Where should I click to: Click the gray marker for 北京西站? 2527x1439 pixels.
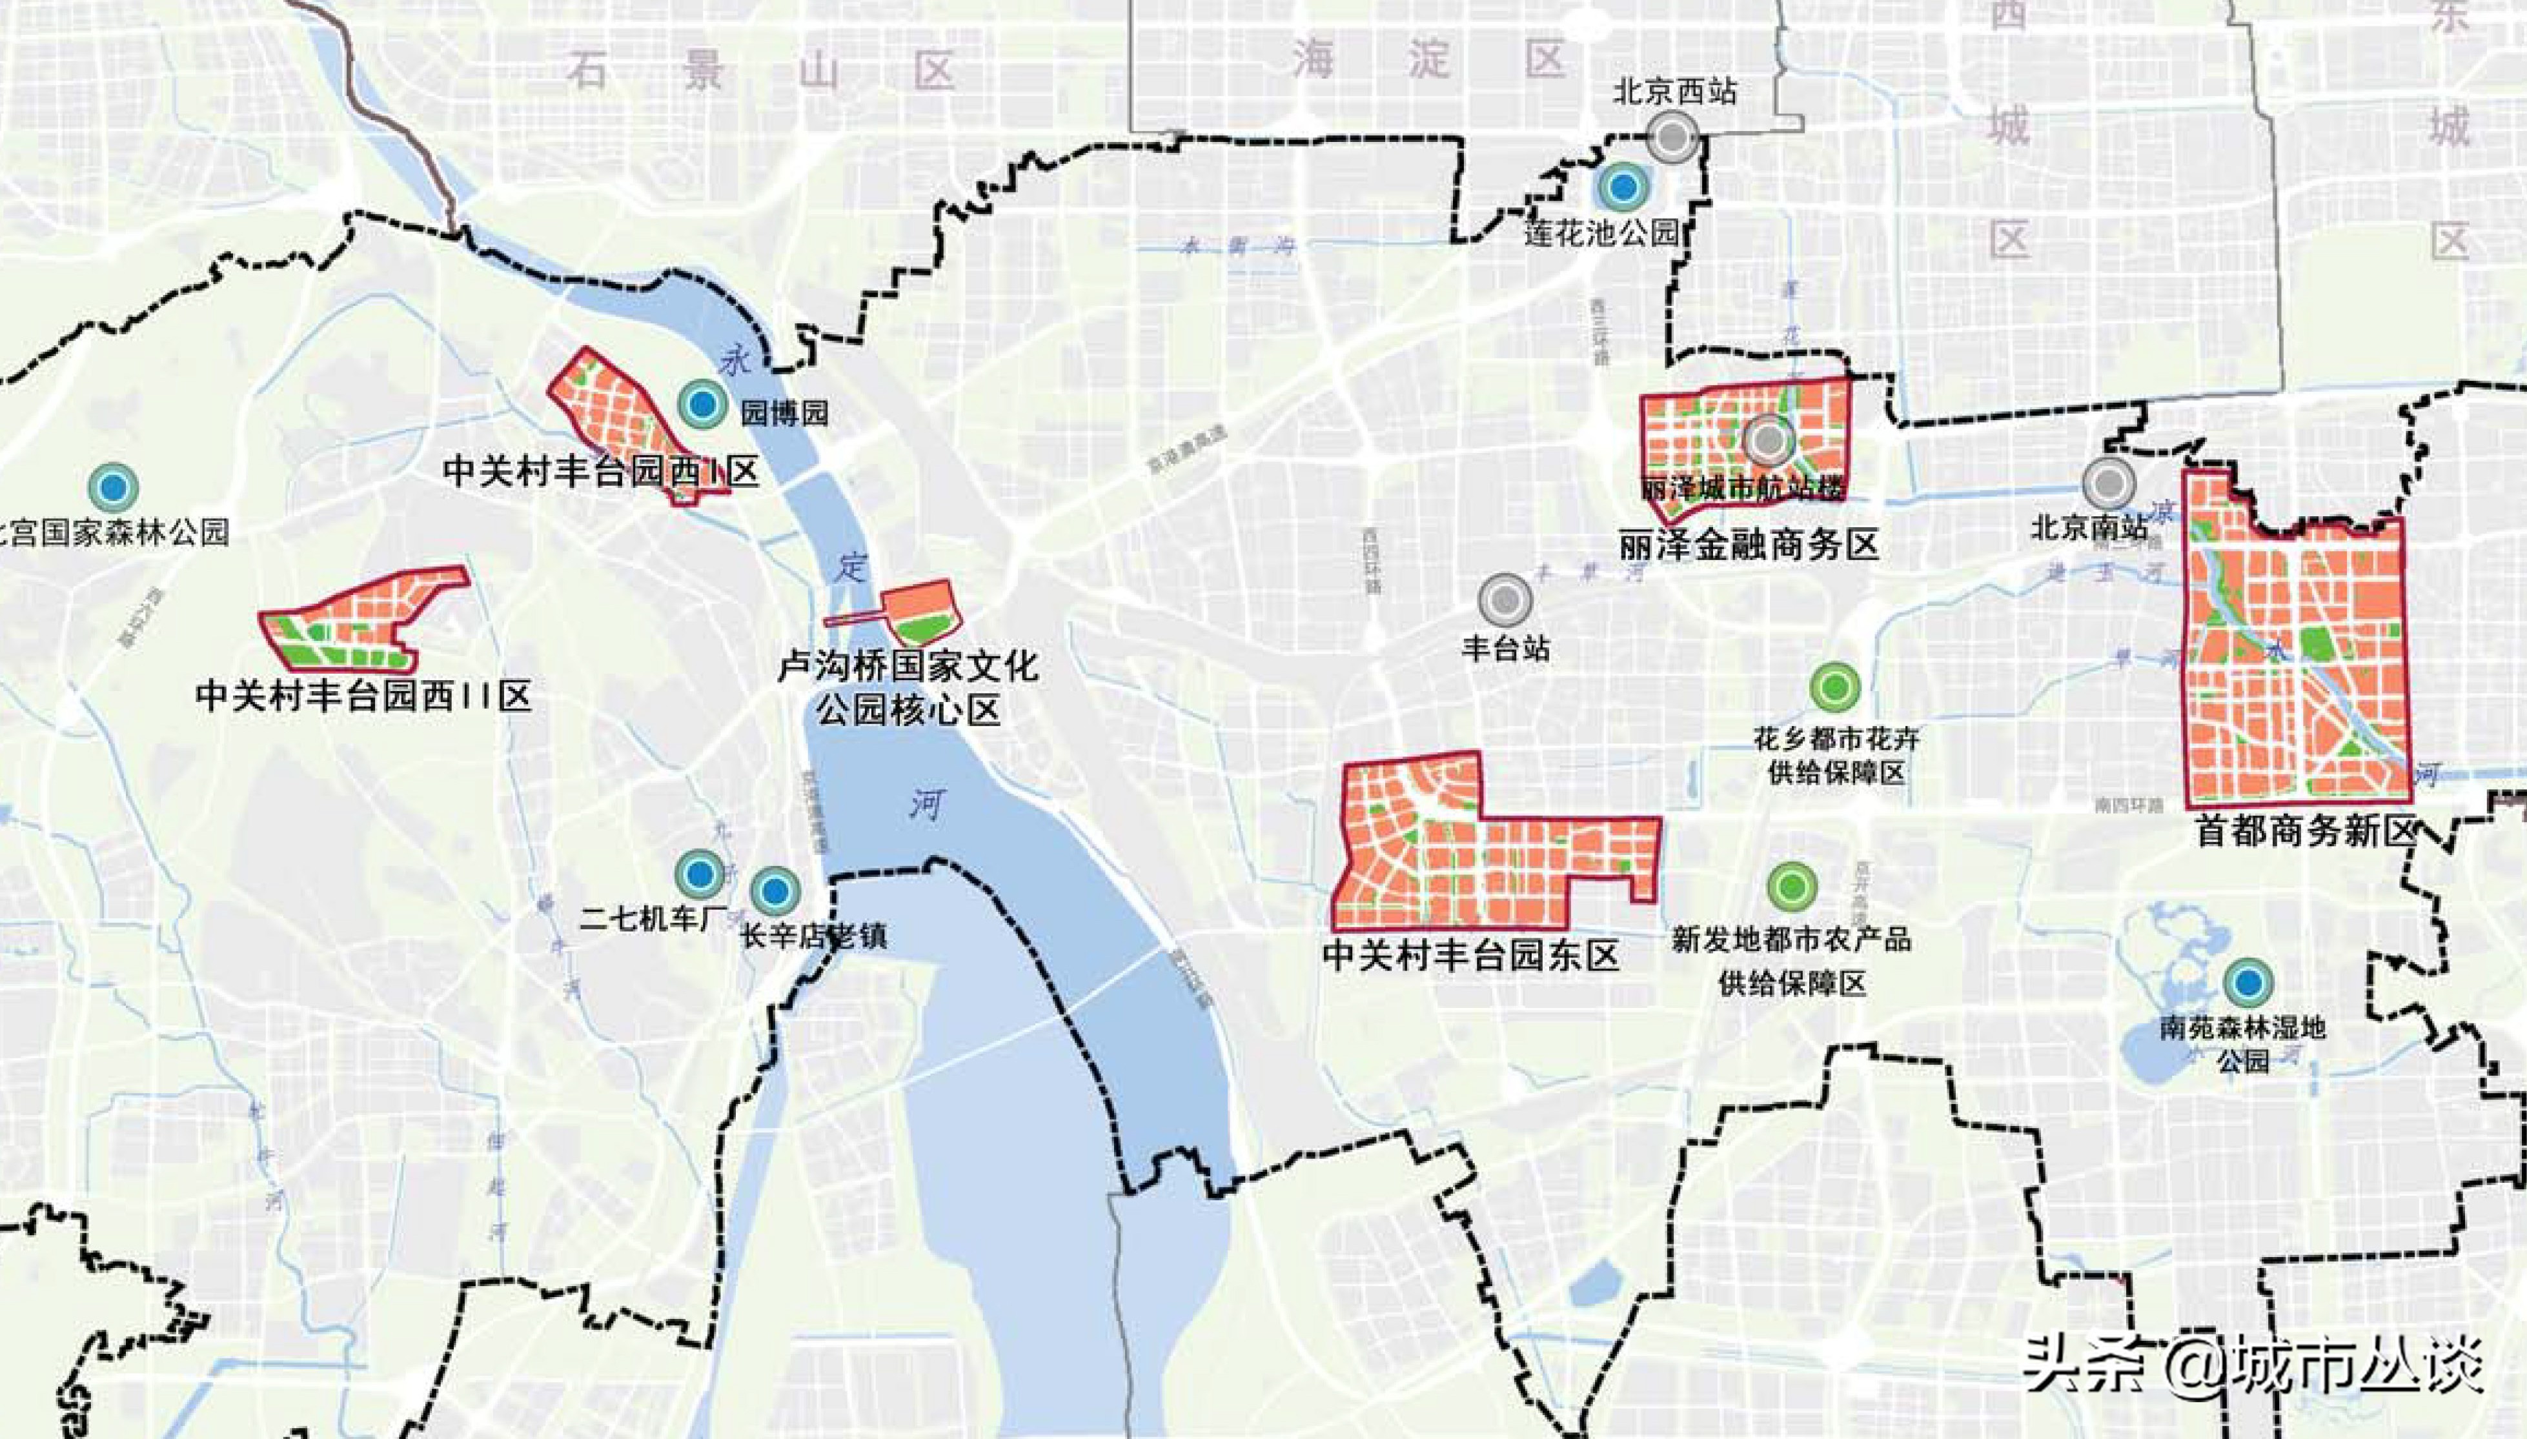[1672, 137]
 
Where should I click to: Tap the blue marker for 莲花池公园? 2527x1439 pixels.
[1621, 186]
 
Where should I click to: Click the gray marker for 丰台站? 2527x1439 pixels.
[1505, 599]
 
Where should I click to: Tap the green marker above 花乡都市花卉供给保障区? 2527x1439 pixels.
[1834, 686]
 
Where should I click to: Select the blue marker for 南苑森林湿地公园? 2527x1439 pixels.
[2248, 982]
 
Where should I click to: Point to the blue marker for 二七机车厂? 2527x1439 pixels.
[700, 874]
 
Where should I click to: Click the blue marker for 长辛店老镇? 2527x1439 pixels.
[775, 891]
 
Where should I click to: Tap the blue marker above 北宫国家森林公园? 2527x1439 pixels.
[113, 487]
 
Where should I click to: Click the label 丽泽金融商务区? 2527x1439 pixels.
[1749, 545]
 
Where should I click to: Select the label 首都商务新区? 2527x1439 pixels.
[2304, 830]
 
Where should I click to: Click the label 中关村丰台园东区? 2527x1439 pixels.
[1470, 956]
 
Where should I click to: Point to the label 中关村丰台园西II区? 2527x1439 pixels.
[363, 695]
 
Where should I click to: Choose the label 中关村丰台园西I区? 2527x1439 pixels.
[601, 470]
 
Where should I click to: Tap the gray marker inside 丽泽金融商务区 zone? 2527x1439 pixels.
[1767, 439]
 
